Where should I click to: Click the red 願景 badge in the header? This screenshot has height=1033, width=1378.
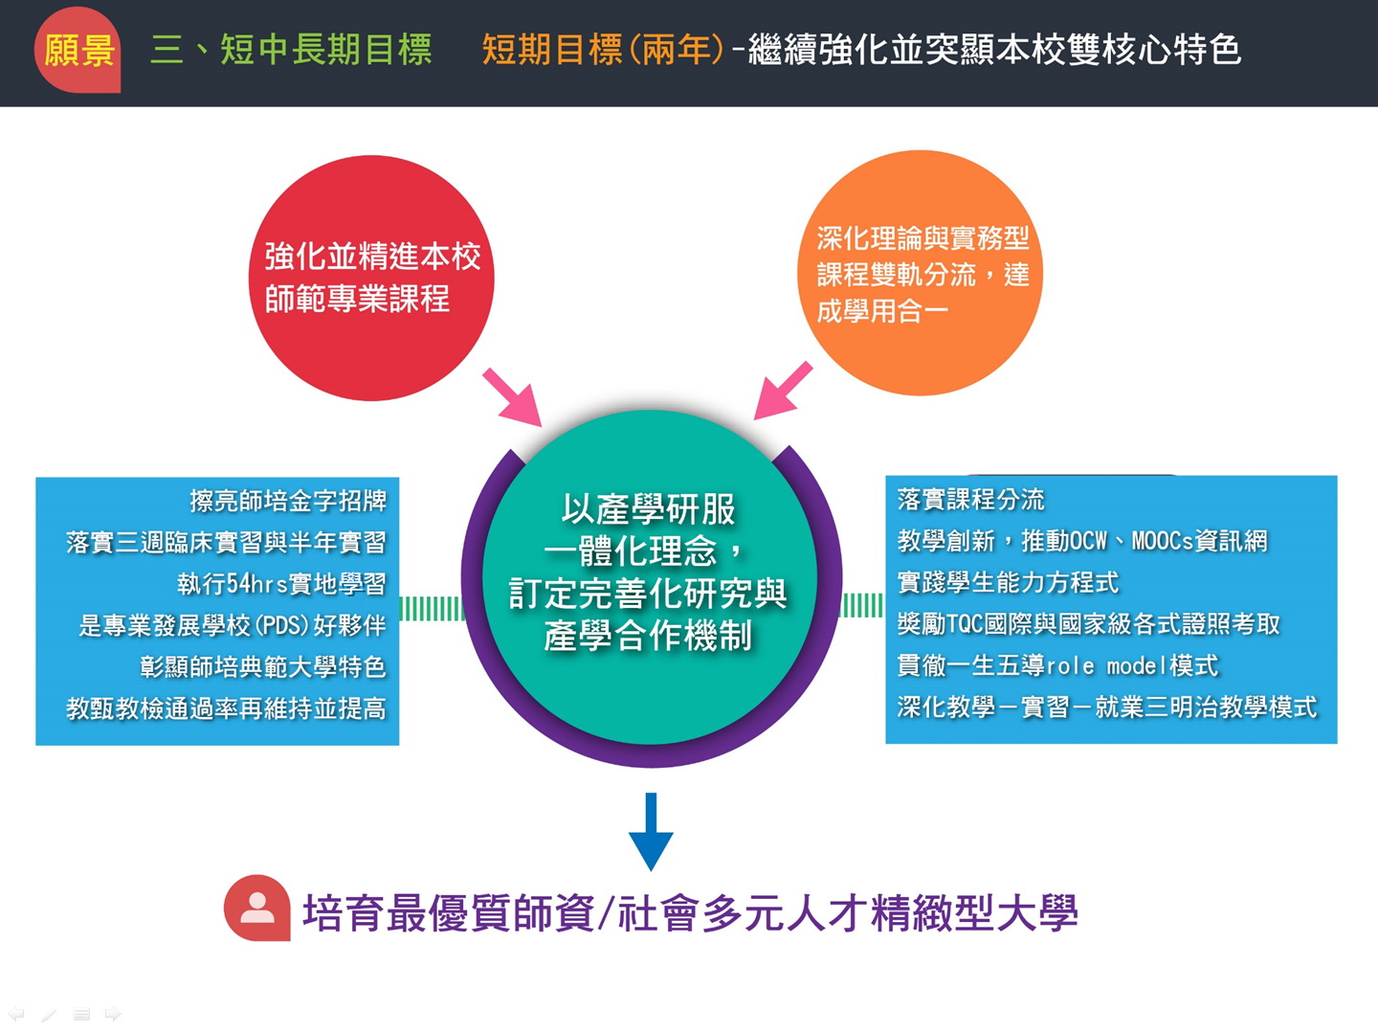pyautogui.click(x=78, y=50)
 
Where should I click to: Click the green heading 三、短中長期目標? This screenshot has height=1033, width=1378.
pyautogui.click(x=291, y=50)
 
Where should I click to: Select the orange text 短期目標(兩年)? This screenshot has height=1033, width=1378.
pyautogui.click(x=603, y=50)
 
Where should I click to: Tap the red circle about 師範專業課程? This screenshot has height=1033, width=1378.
pyautogui.click(x=371, y=279)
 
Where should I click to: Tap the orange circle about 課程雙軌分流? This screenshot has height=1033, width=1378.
pyautogui.click(x=921, y=273)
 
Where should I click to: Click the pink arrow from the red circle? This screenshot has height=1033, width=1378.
pyautogui.click(x=513, y=397)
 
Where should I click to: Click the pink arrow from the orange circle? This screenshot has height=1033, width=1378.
pyautogui.click(x=783, y=391)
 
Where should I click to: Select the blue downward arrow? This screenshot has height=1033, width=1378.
pyautogui.click(x=651, y=831)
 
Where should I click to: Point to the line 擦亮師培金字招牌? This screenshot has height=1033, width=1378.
pyautogui.click(x=288, y=501)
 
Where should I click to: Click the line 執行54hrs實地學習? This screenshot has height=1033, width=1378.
pyautogui.click(x=282, y=584)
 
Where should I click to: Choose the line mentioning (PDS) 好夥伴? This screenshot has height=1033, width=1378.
pyautogui.click(x=233, y=625)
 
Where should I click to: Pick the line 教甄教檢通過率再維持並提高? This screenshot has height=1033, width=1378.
pyautogui.click(x=226, y=709)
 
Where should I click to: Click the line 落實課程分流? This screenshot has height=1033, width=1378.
pyautogui.click(x=970, y=500)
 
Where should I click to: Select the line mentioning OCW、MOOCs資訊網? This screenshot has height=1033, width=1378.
pyautogui.click(x=1082, y=541)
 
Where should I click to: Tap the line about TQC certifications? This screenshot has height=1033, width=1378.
pyautogui.click(x=1089, y=624)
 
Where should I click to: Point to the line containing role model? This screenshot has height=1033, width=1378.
pyautogui.click(x=1057, y=665)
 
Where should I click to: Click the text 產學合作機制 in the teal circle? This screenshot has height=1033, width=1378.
pyautogui.click(x=648, y=636)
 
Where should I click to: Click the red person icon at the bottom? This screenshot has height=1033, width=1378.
pyautogui.click(x=257, y=908)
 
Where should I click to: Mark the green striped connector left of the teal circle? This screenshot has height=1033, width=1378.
pyautogui.click(x=432, y=609)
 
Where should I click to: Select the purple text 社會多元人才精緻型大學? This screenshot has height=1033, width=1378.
pyautogui.click(x=848, y=913)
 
